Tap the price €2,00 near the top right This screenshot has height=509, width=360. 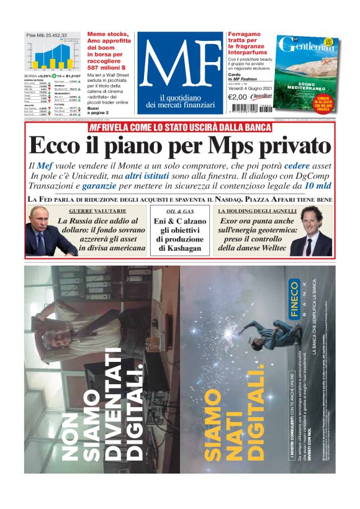click(238, 96)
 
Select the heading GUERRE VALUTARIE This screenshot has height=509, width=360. click(94, 212)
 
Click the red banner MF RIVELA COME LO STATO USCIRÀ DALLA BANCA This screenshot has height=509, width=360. click(180, 127)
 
